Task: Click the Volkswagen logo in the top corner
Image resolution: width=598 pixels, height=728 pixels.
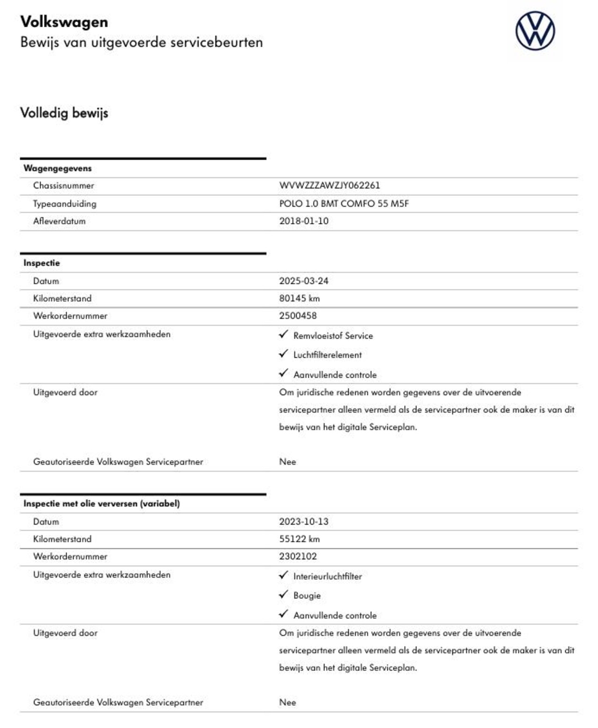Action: coord(535,31)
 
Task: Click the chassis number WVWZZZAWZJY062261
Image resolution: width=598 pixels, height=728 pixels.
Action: coord(329,186)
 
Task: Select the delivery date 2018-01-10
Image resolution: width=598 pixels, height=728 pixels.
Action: coord(304,221)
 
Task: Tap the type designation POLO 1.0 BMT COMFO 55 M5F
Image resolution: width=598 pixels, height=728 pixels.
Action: coord(344,203)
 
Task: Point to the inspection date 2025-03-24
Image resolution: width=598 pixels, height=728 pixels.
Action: coord(304,281)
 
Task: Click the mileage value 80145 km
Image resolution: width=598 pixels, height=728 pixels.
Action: coord(299,298)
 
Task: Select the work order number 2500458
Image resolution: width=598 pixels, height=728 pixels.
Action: coord(298,316)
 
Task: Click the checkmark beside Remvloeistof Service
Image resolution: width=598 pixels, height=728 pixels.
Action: coord(283,334)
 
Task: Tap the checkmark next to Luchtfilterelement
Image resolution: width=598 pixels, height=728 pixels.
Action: coord(283,354)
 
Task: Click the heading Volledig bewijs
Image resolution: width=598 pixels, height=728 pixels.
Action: coord(64,113)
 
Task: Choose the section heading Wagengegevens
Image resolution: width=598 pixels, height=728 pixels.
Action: coord(57,168)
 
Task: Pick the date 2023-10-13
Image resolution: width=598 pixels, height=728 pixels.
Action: coord(304,521)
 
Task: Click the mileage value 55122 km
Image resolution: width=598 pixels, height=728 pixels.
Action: coord(299,539)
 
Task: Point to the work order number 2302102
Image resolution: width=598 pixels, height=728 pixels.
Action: coord(298,556)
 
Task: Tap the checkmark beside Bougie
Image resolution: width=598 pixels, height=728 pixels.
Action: coord(283,594)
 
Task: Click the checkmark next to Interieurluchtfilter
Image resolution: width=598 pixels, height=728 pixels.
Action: coord(283,575)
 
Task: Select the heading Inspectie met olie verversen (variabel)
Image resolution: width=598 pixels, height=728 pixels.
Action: coord(101,504)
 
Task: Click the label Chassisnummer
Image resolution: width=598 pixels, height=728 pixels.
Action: coord(64,186)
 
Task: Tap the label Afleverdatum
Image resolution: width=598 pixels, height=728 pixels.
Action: coord(59,221)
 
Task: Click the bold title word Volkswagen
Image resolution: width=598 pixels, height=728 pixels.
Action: coord(64,22)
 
